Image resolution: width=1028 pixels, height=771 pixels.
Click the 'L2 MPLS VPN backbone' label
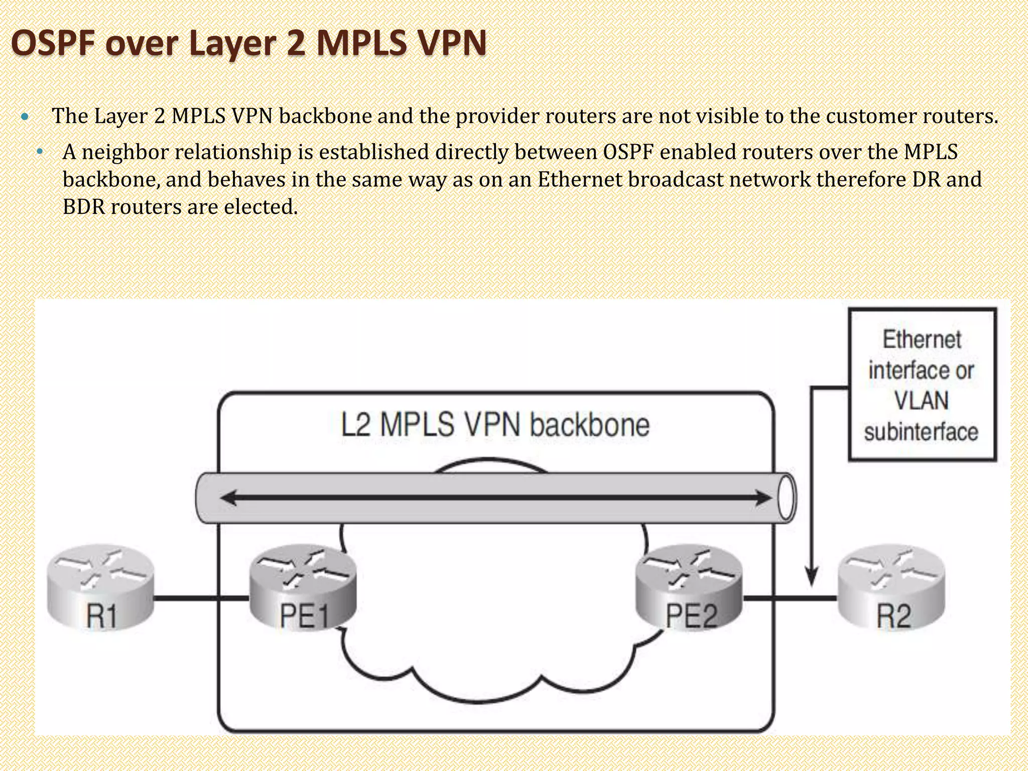pyautogui.click(x=495, y=425)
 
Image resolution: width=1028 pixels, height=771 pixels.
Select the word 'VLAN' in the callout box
pyautogui.click(x=922, y=401)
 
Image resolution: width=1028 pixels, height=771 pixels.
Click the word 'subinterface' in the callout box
pyautogui.click(x=922, y=432)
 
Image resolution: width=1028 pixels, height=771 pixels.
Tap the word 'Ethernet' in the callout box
pyautogui.click(x=922, y=340)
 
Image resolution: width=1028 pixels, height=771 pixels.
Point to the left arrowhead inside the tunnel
pyautogui.click(x=229, y=498)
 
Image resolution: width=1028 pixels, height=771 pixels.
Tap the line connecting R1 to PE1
pyautogui.click(x=201, y=598)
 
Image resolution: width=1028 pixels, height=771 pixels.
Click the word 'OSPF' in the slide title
pyautogui.click(x=53, y=43)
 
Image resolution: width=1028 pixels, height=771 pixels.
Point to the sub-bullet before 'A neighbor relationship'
pyautogui.click(x=40, y=152)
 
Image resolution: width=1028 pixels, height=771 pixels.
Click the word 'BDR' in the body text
pyautogui.click(x=83, y=207)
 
